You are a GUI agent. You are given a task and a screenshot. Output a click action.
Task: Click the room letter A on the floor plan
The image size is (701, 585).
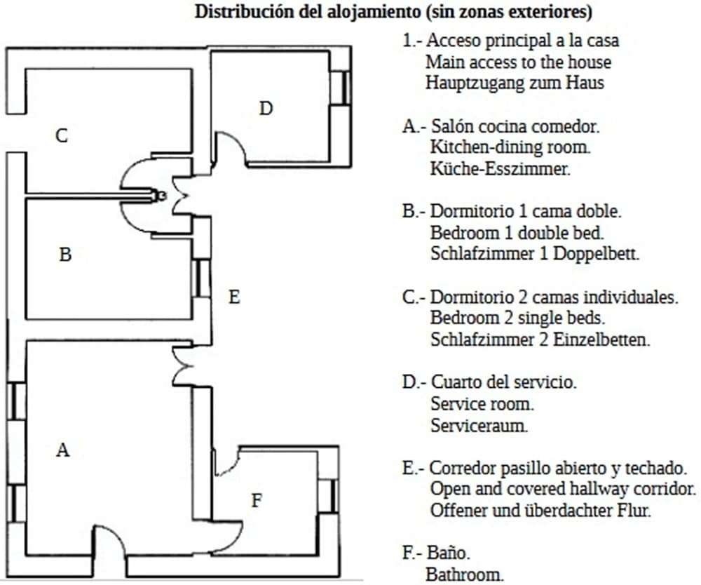coord(63,450)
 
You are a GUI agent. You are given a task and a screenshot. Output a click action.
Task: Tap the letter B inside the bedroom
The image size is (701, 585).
coord(65,255)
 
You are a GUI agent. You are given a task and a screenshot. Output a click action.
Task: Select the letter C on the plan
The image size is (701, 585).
coord(62,135)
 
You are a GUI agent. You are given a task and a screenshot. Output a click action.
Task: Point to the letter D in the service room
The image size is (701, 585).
coord(266,108)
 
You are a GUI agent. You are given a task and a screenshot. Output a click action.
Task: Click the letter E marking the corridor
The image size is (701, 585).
coord(235,297)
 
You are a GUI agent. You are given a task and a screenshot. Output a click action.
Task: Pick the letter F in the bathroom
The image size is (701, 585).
coord(257,500)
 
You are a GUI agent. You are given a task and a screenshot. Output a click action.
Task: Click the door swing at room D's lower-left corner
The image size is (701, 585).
coord(230,149)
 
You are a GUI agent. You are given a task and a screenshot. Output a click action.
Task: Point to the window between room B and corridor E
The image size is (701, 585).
coord(202,278)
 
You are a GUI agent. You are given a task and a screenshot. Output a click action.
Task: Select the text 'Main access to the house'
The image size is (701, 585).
coord(518,62)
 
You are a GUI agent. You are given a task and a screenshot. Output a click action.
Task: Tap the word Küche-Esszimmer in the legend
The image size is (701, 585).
coord(500,168)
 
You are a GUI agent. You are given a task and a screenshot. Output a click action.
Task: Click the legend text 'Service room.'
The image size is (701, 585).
coord(482,404)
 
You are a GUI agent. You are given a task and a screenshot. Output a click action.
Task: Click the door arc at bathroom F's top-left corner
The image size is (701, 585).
coord(227,459)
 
